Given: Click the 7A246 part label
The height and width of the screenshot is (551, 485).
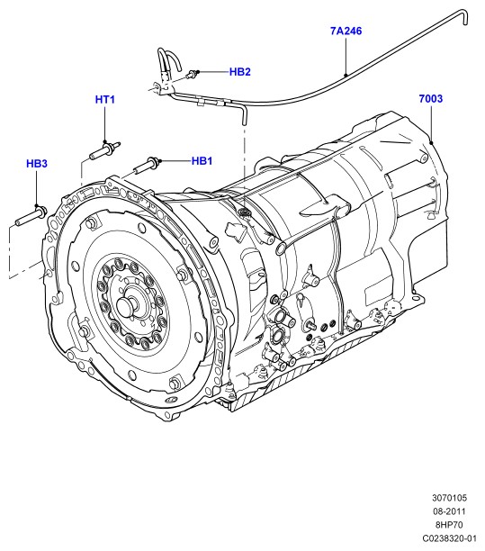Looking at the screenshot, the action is click(346, 31).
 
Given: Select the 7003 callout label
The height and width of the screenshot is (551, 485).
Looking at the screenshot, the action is click(431, 99).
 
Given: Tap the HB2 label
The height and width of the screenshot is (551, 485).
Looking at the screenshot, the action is click(240, 72).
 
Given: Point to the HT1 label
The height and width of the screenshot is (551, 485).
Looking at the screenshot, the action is click(105, 99).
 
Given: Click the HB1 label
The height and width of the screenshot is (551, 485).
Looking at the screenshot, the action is click(202, 161).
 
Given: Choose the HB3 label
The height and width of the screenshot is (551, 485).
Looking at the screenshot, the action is click(37, 163).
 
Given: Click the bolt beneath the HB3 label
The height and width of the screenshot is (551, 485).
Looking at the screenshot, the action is click(31, 216).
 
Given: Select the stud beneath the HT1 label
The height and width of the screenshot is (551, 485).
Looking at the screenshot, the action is click(105, 150).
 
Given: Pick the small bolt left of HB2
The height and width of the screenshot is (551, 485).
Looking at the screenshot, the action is click(192, 74).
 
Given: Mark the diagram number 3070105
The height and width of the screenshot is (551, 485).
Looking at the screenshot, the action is click(449, 498).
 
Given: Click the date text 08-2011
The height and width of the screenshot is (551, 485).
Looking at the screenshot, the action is click(449, 511).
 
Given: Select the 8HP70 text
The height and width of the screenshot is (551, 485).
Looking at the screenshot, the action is click(449, 525).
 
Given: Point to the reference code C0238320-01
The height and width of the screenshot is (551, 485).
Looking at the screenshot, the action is click(449, 538).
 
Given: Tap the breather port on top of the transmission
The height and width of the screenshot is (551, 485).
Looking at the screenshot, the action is click(243, 212).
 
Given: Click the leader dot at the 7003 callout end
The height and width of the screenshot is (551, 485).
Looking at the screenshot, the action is click(431, 142).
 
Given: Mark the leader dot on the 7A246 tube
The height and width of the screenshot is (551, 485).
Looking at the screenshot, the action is click(346, 75).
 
